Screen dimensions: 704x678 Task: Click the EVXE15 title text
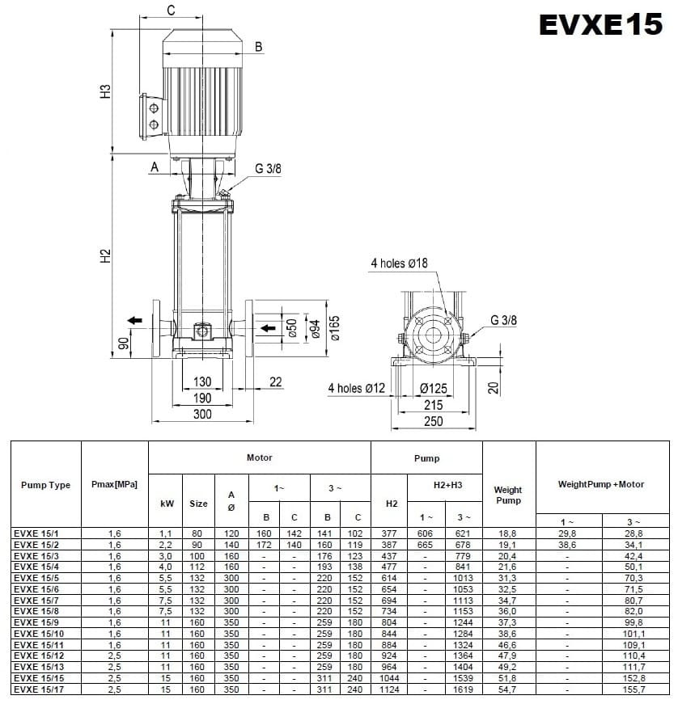pos(601,25)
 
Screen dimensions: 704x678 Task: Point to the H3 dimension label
pos(104,91)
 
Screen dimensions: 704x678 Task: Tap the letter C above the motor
pos(171,11)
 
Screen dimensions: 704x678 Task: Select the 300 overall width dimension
pos(202,414)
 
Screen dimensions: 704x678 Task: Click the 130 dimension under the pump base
pos(202,382)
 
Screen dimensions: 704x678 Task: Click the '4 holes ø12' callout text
pos(357,388)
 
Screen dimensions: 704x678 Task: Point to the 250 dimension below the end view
pos(434,421)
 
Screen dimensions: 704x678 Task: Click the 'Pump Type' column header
pos(45,485)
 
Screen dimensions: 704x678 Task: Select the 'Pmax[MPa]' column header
pos(114,485)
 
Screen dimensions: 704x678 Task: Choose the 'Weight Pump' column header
pos(508,495)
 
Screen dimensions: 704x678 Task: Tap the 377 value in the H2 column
pos(391,534)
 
